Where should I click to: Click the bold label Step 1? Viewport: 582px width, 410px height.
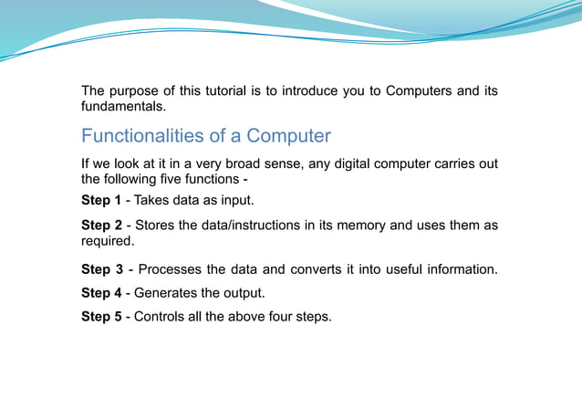[101, 200]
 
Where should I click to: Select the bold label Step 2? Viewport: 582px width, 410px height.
[101, 226]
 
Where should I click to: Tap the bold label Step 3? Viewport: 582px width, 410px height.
[101, 269]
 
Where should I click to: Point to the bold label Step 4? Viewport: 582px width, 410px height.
[101, 293]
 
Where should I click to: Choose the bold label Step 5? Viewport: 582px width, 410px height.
[101, 317]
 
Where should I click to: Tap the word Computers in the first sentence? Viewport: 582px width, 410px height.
[419, 90]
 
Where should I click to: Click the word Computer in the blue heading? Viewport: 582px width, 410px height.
[287, 137]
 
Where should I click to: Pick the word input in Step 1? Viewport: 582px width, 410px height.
[236, 200]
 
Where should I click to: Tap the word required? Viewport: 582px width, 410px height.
[107, 242]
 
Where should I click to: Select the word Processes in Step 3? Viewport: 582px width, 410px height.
[171, 269]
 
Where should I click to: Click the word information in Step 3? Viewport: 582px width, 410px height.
[460, 269]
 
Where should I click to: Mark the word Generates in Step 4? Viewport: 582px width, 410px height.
[168, 293]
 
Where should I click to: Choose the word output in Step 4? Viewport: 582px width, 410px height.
[242, 293]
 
